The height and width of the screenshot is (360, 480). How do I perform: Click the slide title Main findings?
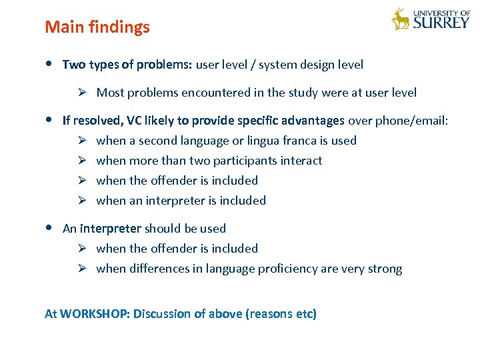click(97, 27)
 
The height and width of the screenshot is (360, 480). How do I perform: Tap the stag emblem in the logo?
click(401, 19)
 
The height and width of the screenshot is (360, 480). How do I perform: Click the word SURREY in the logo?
click(441, 23)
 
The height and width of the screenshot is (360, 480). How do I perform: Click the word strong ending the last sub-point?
click(386, 269)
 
